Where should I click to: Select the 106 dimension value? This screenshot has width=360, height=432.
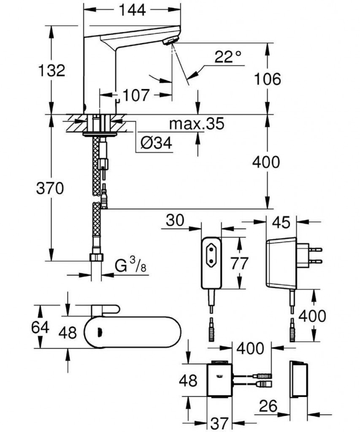[x=268, y=79]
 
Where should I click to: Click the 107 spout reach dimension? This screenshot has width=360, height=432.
[x=138, y=95]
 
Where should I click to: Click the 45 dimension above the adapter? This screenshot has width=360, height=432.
[x=282, y=222]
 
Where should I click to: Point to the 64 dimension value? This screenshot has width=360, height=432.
[x=41, y=327]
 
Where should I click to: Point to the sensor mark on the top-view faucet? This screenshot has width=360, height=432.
[x=100, y=333]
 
